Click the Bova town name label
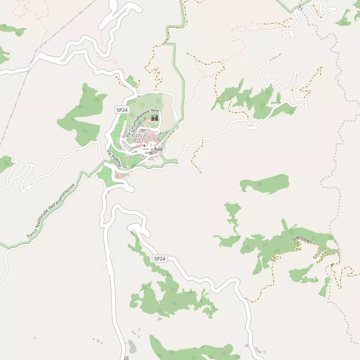[139, 135]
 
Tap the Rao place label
[158, 149]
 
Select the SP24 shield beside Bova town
[122, 110]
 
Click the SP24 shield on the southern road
[160, 259]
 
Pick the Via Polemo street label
[114, 158]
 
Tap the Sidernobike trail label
[301, 239]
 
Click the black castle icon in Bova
[154, 118]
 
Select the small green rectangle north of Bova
[133, 81]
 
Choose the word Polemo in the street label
[116, 160]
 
